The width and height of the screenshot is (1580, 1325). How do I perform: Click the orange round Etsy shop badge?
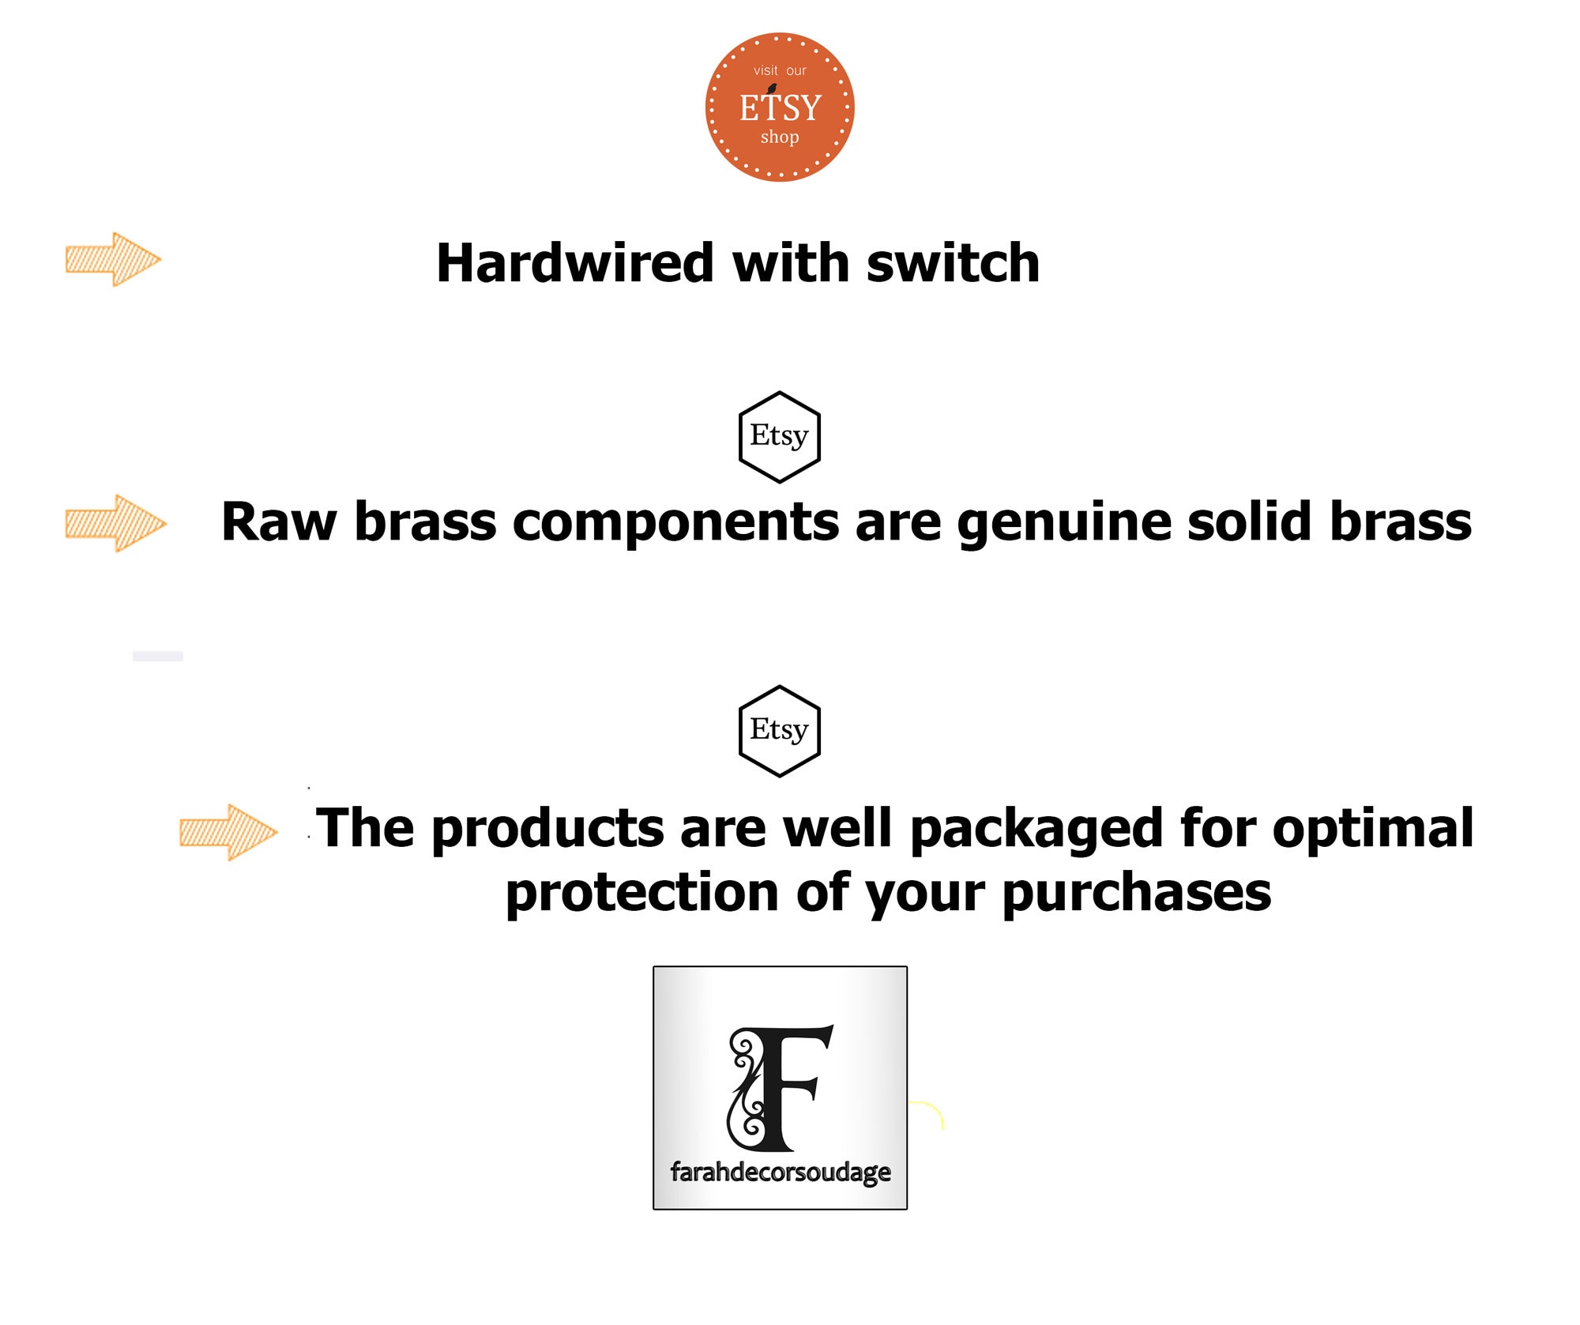[x=780, y=107]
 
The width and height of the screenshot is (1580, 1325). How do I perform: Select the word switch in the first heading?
[x=953, y=262]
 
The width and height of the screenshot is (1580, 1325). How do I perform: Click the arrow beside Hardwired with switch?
[x=113, y=259]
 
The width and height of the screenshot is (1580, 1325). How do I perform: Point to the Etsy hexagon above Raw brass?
[x=780, y=437]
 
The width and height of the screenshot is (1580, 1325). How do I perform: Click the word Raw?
[x=279, y=522]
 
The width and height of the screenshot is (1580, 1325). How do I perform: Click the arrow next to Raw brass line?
[x=115, y=523]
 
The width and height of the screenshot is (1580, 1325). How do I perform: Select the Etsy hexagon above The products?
[x=780, y=731]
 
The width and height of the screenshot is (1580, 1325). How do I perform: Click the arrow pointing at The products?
[x=228, y=832]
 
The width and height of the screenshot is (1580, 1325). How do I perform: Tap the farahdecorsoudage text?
[x=781, y=1173]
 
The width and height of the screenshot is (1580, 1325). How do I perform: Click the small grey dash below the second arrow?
[x=158, y=656]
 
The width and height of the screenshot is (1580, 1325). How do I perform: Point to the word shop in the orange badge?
[x=780, y=137]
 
